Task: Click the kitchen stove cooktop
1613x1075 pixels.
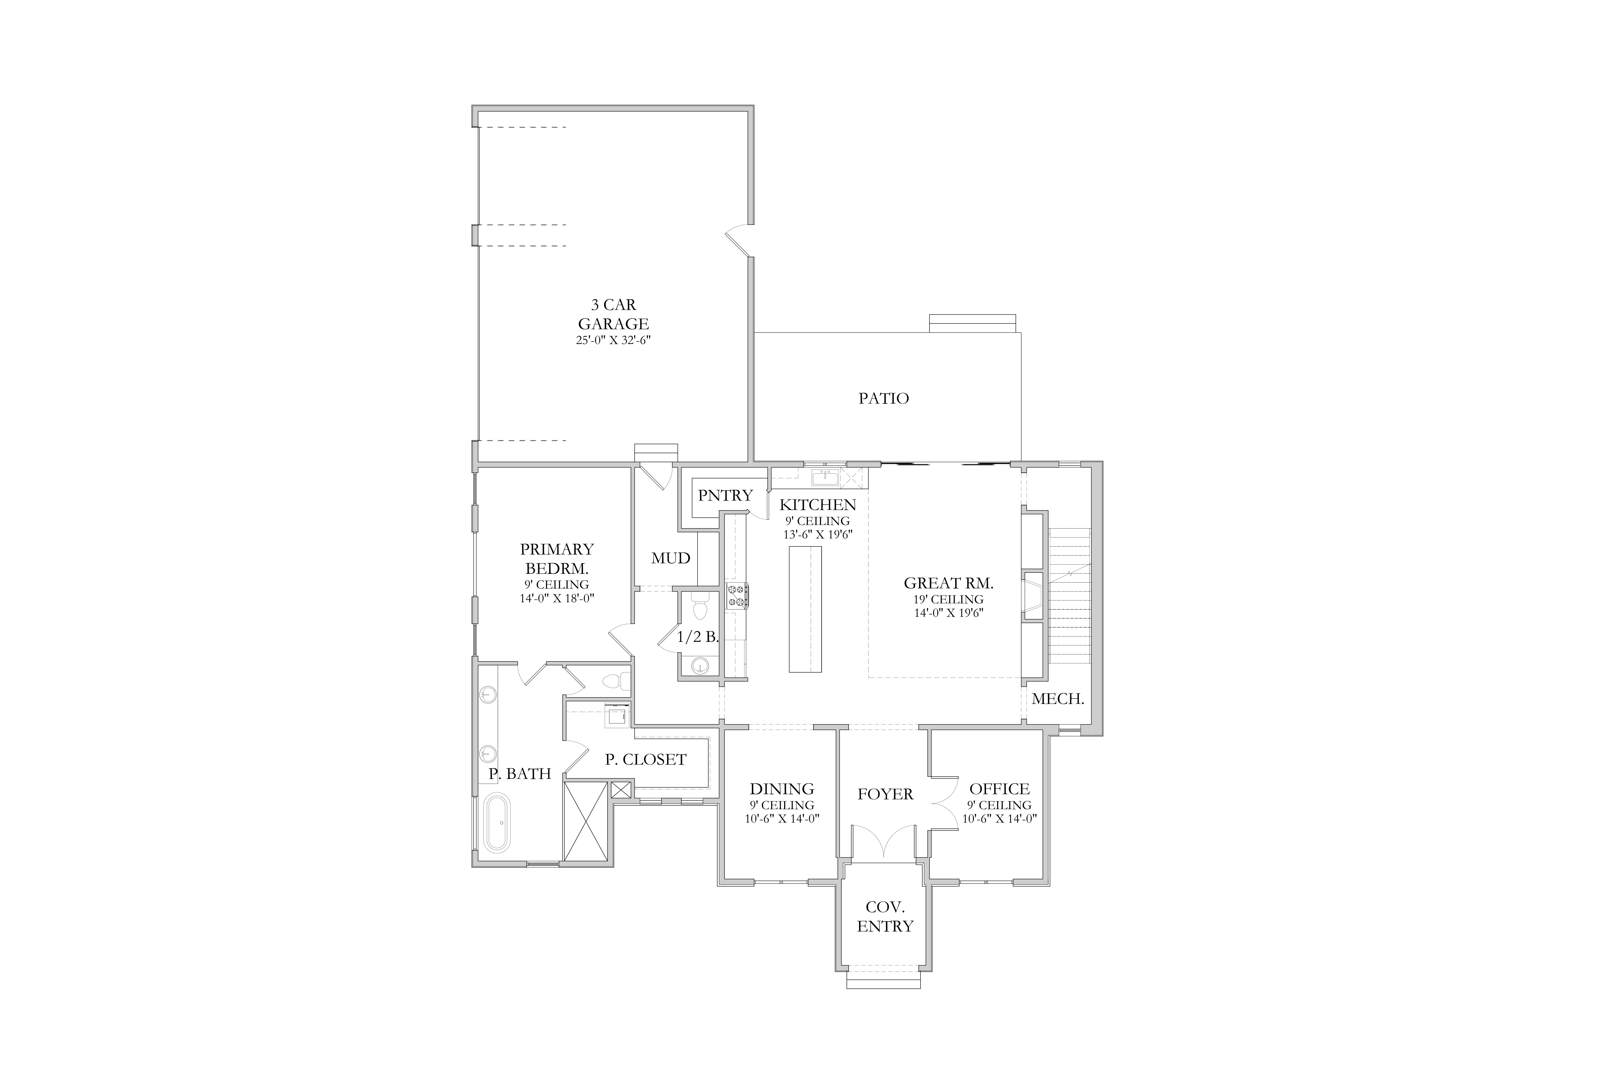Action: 737,595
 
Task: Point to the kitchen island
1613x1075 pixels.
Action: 805,609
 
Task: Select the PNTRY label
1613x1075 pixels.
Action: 726,495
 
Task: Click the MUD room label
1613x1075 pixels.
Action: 671,558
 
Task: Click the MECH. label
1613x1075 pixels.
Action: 1058,699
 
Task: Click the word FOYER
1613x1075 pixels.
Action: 885,794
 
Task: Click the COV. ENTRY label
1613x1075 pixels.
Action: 885,917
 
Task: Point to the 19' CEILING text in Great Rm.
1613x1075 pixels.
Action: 949,599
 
